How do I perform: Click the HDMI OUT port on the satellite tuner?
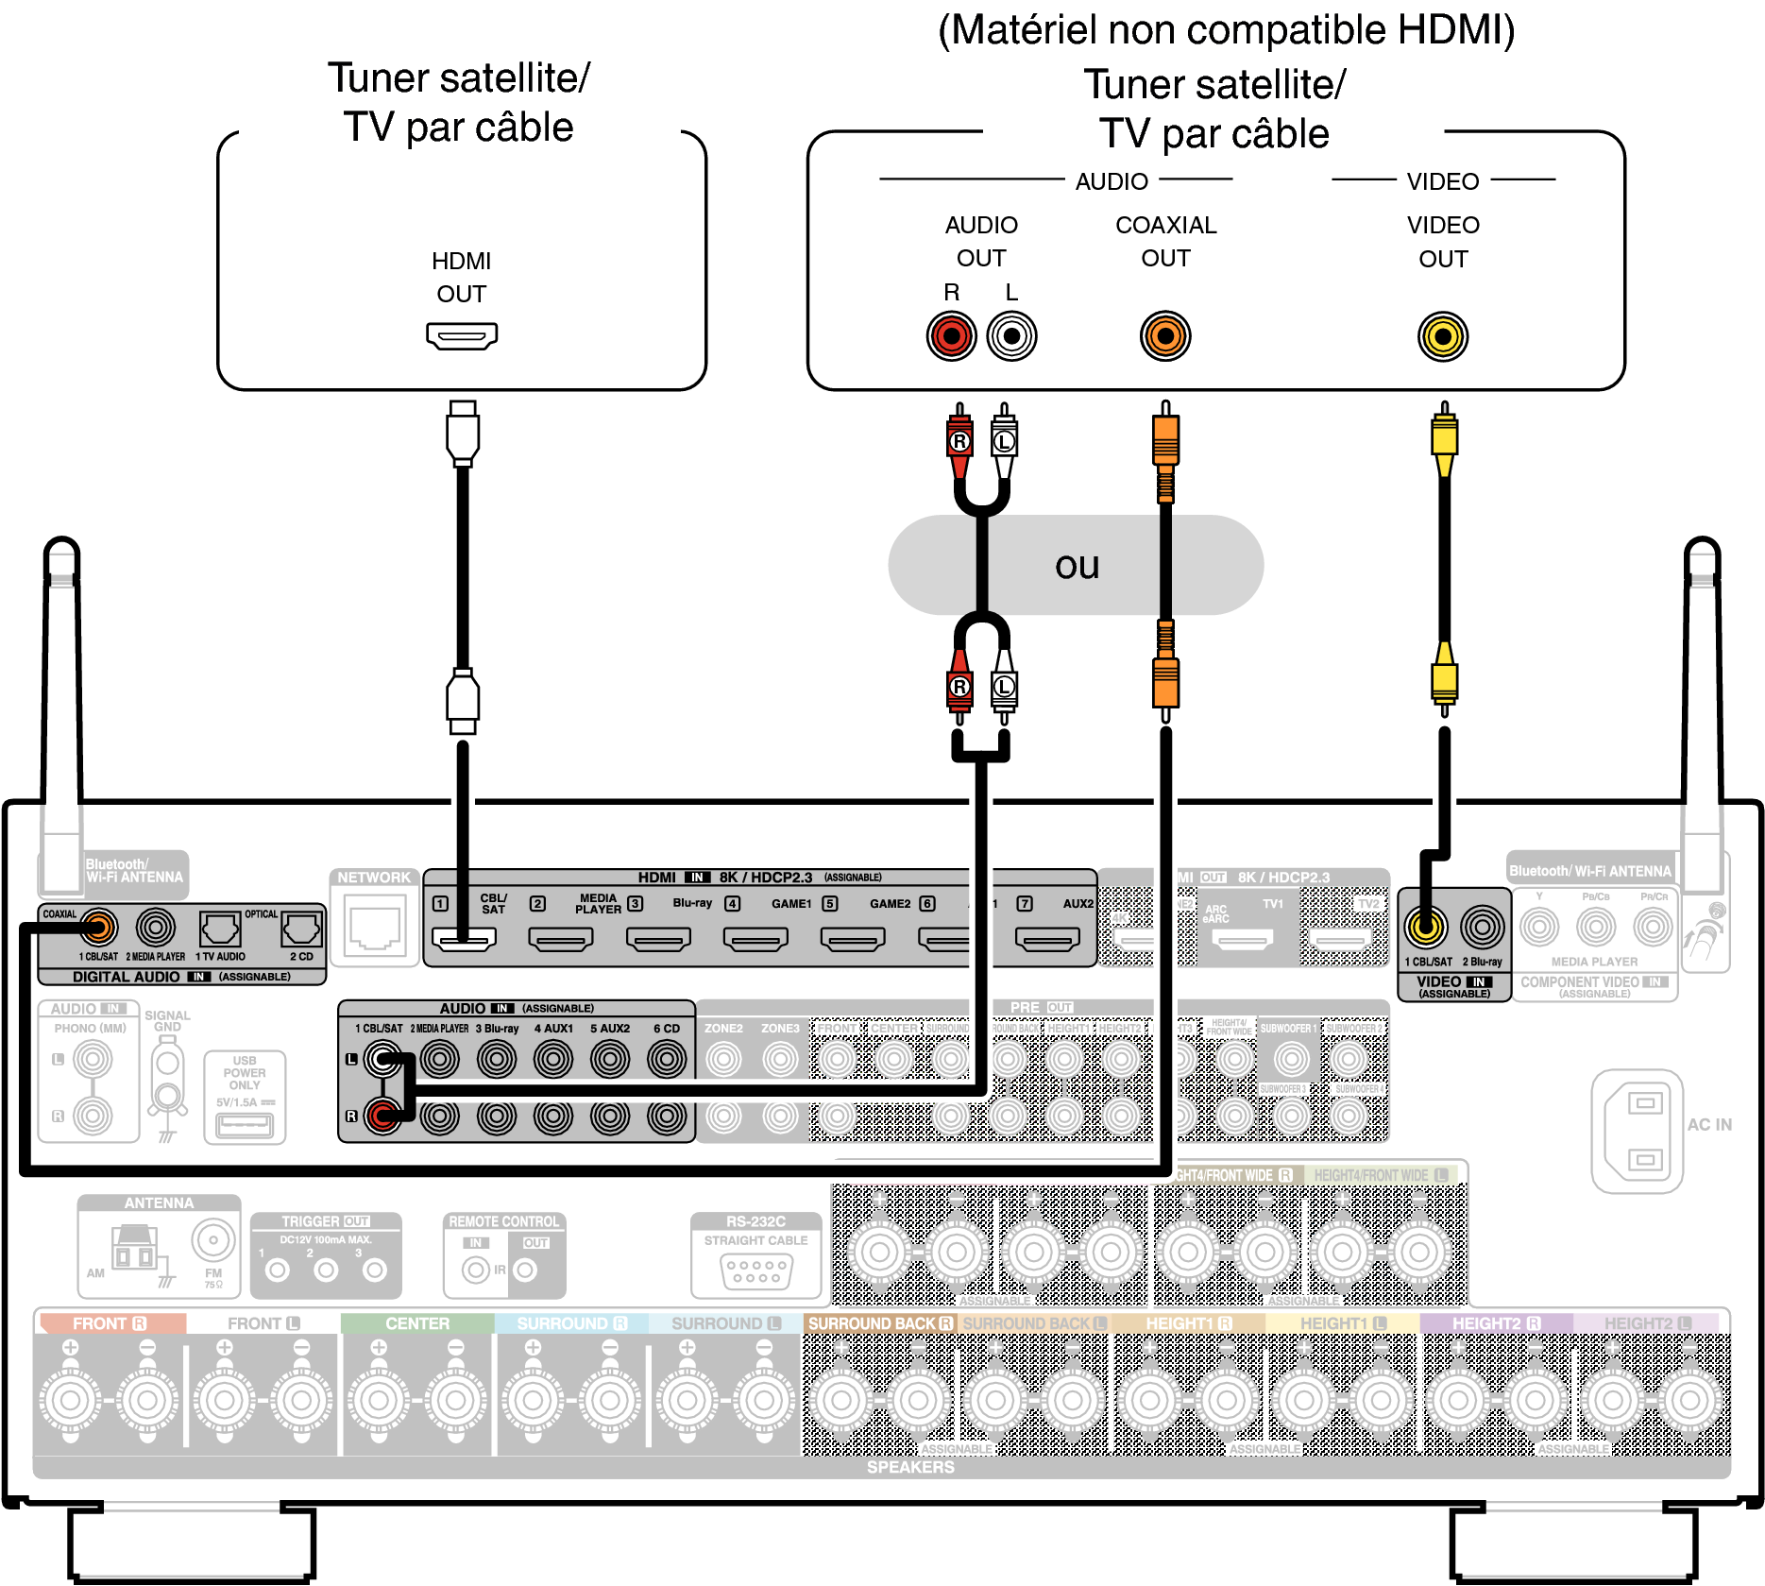point(462,335)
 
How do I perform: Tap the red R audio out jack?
point(951,336)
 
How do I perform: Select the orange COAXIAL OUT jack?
point(1165,336)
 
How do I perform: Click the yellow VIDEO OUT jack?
point(1442,336)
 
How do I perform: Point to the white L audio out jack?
point(1011,336)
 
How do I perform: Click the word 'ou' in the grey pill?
point(1077,566)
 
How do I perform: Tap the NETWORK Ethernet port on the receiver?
point(375,928)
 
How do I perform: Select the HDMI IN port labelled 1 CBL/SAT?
point(464,939)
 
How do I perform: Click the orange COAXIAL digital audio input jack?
point(98,928)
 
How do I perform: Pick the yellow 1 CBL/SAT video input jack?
point(1426,928)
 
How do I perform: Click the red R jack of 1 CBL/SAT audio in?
point(382,1116)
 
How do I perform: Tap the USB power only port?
point(245,1125)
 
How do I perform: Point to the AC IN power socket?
point(1644,1131)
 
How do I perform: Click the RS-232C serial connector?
point(755,1271)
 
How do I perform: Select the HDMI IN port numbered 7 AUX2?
point(1046,939)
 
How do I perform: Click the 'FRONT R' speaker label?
point(110,1323)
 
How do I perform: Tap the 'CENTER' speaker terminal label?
point(417,1323)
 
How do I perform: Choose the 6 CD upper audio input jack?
point(667,1059)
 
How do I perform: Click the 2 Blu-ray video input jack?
point(1483,928)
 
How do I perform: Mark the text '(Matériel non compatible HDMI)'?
point(1226,30)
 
